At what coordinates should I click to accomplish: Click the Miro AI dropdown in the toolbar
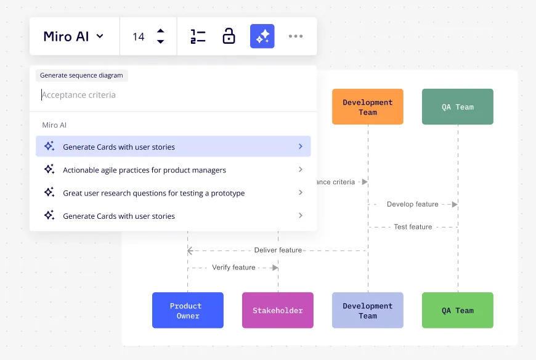pos(73,36)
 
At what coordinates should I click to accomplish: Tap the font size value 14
pos(139,36)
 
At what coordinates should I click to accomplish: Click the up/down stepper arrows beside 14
pos(160,36)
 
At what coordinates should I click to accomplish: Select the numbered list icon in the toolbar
pos(198,36)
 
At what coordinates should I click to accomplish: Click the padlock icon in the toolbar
pos(229,36)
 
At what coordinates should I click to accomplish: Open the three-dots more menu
pos(296,36)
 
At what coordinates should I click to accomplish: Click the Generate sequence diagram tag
pos(82,75)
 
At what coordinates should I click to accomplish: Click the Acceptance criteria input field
pos(173,95)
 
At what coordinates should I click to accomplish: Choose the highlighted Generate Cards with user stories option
pos(173,146)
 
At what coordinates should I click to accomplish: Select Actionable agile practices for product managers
pos(173,170)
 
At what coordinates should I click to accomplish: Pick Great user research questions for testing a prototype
pos(173,193)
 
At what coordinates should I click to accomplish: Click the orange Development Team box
pos(367,107)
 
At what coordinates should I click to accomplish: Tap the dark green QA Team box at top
pos(457,107)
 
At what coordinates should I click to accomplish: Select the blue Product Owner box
pos(188,310)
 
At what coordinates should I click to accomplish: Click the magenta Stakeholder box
pos(278,310)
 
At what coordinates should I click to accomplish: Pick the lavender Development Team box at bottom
pos(367,310)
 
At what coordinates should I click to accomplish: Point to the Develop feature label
pos(413,204)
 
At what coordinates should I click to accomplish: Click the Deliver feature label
pos(278,250)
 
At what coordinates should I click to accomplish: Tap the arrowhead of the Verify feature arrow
pos(275,268)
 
